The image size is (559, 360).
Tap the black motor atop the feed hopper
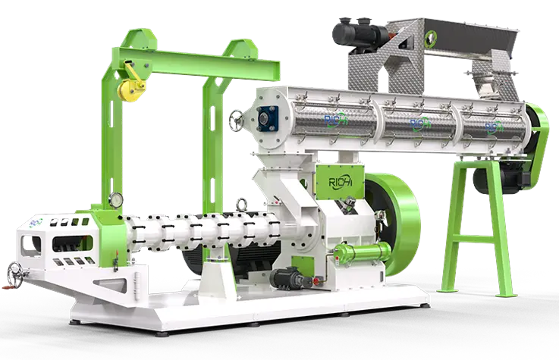pos(353,31)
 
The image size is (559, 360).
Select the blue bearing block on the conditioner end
pos(268,117)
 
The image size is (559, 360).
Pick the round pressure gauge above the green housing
pos(116,200)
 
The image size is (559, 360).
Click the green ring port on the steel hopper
pos(434,33)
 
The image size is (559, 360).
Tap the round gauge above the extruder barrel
pos(242,203)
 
